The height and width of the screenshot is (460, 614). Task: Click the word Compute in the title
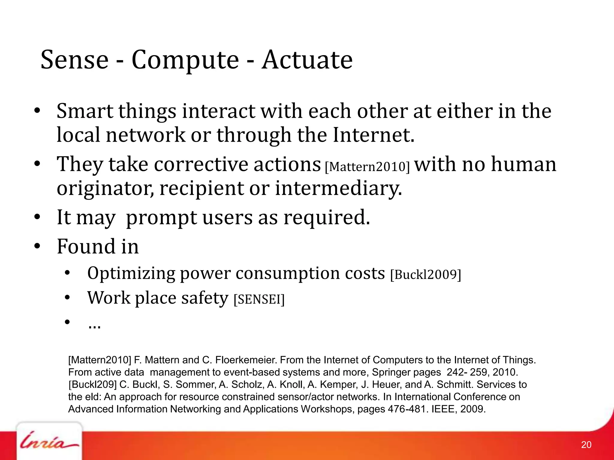pyautogui.click(x=185, y=60)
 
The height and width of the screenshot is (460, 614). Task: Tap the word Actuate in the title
pyautogui.click(x=307, y=60)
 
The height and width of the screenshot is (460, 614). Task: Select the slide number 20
pyautogui.click(x=586, y=444)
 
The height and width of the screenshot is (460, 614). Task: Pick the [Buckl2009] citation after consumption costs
pyautogui.click(x=425, y=274)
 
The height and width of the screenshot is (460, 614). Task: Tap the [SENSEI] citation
pyautogui.click(x=259, y=299)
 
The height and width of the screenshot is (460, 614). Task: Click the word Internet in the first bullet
pyautogui.click(x=374, y=135)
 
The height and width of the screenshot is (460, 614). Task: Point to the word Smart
pyautogui.click(x=85, y=111)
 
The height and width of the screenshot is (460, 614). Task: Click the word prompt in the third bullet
pyautogui.click(x=161, y=218)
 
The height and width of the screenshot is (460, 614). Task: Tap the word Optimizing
pyautogui.click(x=131, y=273)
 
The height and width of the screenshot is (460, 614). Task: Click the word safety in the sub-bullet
pyautogui.click(x=204, y=298)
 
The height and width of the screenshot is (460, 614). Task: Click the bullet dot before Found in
pyautogui.click(x=37, y=246)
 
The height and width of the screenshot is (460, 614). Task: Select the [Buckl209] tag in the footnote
pyautogui.click(x=92, y=384)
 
